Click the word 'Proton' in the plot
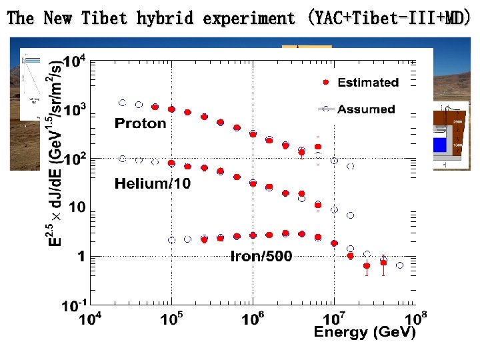click(x=140, y=123)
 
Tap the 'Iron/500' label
click(x=261, y=256)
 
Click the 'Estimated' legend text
click(x=368, y=83)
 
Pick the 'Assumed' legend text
click(x=366, y=109)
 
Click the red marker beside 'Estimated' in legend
click(x=325, y=83)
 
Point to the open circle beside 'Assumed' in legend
click(x=325, y=109)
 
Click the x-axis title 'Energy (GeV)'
click(x=364, y=332)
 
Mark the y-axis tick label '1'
click(x=81, y=256)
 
